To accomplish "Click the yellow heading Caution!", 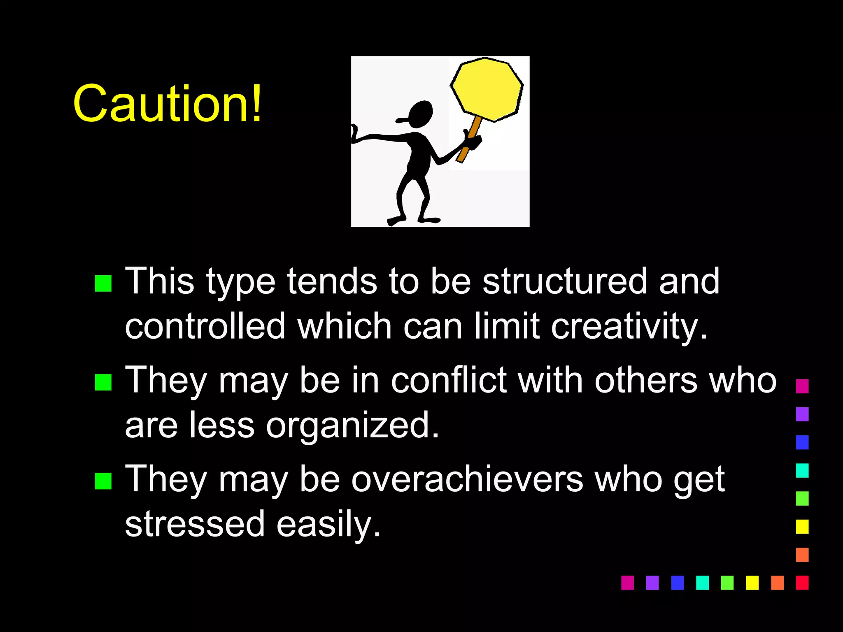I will coord(167,104).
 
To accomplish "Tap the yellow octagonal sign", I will coord(487,89).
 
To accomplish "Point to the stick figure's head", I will coord(420,114).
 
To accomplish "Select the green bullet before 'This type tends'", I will coord(103,283).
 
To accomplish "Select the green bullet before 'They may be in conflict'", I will coord(103,382).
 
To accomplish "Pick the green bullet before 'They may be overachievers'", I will coord(103,481).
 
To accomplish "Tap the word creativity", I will coord(629,327).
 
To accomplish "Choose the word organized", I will coord(352,426).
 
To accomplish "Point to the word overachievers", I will coord(467,479).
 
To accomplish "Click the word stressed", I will coord(195,524).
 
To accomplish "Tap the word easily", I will coord(328,525).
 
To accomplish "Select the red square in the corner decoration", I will coord(802,583).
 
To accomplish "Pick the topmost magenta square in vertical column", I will coord(802,386).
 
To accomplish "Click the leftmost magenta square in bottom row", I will coord(627,583).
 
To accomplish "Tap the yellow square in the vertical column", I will coord(802,527).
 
